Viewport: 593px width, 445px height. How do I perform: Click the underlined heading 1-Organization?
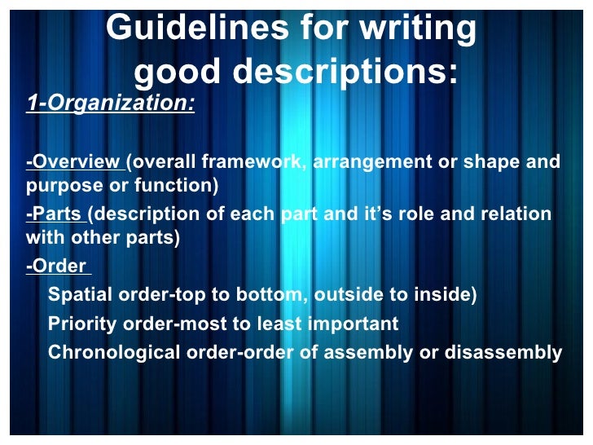click(111, 104)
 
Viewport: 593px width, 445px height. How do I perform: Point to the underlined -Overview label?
click(73, 161)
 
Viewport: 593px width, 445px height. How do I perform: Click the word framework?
click(257, 161)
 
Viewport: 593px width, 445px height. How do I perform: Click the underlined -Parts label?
click(55, 214)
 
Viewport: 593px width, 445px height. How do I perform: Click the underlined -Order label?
click(56, 267)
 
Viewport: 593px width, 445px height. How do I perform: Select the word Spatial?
click(81, 295)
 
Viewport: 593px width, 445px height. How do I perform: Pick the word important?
click(353, 324)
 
